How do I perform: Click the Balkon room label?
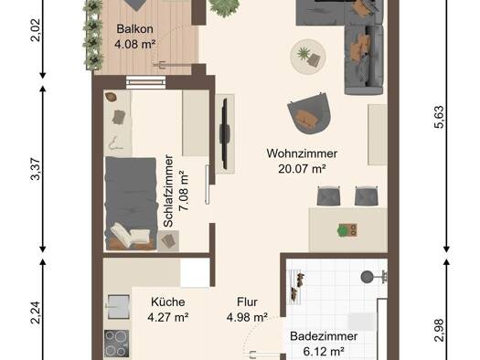pos(134,29)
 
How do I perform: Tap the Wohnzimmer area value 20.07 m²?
pos(302,168)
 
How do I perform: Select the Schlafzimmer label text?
pos(168,191)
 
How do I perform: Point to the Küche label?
pos(167,302)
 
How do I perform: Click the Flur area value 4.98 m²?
pos(248,317)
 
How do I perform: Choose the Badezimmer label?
pos(324,336)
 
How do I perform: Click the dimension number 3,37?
pos(36,169)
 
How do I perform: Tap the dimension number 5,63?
pos(439,117)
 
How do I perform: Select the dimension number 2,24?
pos(36,312)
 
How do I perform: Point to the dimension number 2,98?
pos(439,330)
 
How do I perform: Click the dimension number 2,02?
pos(36,30)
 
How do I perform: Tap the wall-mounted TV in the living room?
pos(225,134)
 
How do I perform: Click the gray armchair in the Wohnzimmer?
pos(309,113)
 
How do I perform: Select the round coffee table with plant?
pos(307,57)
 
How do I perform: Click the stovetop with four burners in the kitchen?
pos(117,344)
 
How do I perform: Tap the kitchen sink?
pos(118,307)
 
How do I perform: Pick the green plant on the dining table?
pos(343,230)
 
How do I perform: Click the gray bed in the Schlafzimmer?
pos(131,204)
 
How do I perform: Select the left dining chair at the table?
pos(329,196)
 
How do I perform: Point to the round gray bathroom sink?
pos(367,277)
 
